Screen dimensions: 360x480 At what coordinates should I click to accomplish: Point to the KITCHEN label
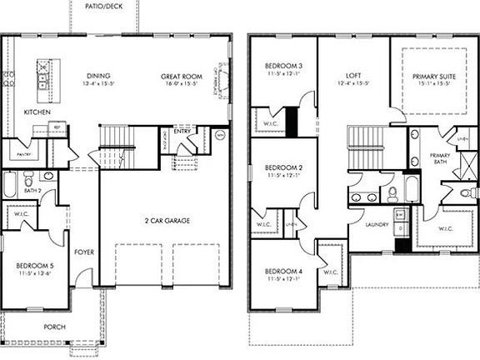38,112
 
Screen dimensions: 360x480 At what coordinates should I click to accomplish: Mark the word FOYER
84,252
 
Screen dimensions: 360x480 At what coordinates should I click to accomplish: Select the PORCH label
55,327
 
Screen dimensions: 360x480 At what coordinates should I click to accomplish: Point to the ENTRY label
182,130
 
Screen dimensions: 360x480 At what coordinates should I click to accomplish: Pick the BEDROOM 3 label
283,66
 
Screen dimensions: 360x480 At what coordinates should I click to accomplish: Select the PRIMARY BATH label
439,160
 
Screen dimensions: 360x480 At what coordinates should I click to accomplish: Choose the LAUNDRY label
377,224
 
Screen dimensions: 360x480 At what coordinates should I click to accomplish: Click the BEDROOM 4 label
283,272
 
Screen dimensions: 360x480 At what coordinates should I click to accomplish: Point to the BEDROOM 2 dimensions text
283,176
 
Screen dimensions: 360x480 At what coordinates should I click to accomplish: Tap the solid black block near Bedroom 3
292,121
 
